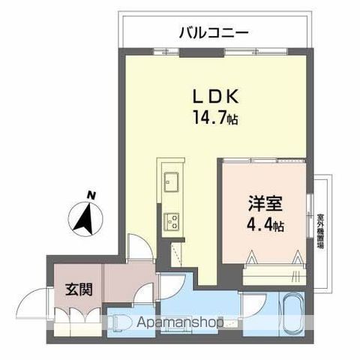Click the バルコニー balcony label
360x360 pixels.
[x=214, y=32]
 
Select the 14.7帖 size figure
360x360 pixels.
[x=214, y=118]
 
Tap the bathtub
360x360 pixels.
[x=289, y=315]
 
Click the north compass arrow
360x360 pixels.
[x=85, y=219]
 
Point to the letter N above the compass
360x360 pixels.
[x=91, y=196]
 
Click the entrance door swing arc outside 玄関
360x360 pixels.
[x=34, y=304]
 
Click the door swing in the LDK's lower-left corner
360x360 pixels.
[x=140, y=247]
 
